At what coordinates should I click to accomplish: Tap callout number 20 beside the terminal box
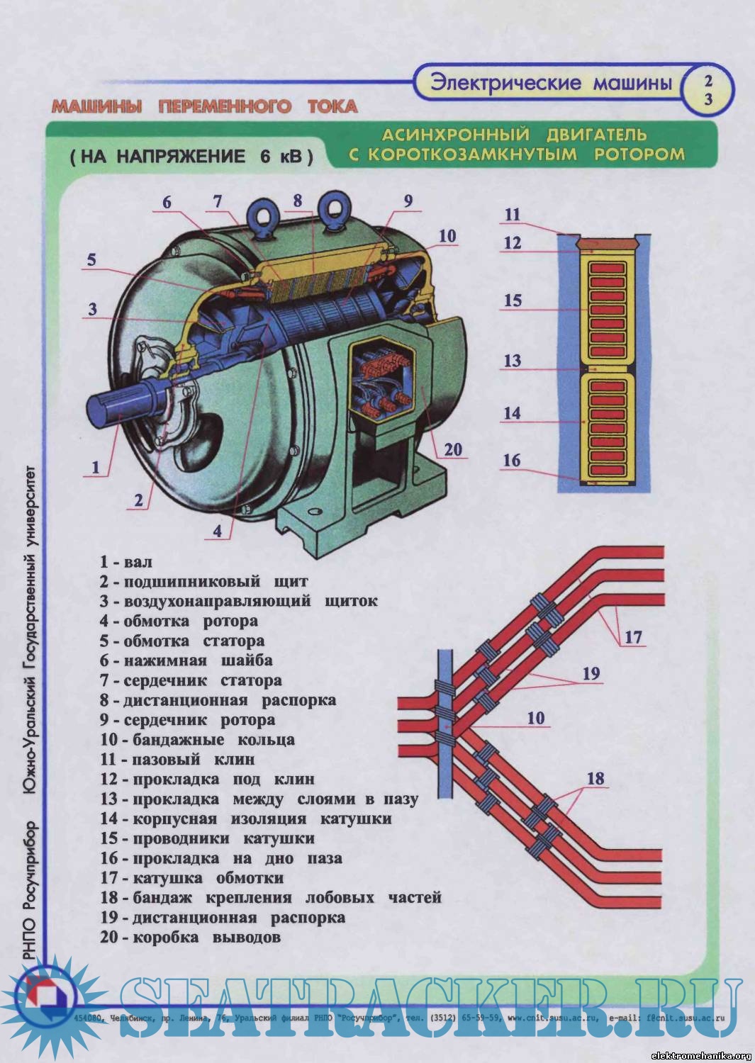coord(453,449)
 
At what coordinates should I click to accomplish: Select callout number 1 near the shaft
coord(95,467)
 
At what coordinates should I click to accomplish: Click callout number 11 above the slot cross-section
coord(513,215)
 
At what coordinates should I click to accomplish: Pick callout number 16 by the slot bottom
coord(512,461)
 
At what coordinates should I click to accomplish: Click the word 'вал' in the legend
coord(138,562)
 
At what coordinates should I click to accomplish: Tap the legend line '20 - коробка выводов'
coord(190,937)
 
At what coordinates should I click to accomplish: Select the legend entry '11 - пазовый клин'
coord(177,759)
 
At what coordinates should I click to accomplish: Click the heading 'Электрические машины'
coord(551,83)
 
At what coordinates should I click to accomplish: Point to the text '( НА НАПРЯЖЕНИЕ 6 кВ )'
coord(191,157)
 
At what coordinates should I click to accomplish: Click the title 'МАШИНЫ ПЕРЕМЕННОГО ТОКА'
coord(204,107)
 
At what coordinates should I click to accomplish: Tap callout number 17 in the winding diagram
coord(633,636)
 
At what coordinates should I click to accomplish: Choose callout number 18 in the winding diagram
coord(595,778)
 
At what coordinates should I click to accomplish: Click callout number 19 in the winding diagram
coord(591,673)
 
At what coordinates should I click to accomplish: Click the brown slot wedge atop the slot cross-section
coord(605,243)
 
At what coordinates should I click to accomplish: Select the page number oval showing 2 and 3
coord(708,90)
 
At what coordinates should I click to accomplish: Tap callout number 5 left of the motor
coord(91,260)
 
